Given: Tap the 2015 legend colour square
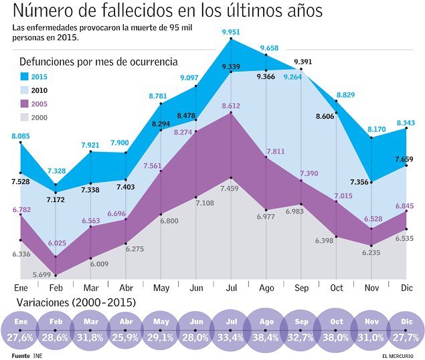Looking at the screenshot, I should pyautogui.click(x=25, y=76).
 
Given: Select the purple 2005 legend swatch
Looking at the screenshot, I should pyautogui.click(x=25, y=104).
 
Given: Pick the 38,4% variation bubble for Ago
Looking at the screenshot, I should pyautogui.click(x=266, y=330).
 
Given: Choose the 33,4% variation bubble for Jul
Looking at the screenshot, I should pyautogui.click(x=230, y=330).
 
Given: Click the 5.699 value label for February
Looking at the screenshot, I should pyautogui.click(x=41, y=275).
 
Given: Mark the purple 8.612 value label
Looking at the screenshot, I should pyautogui.click(x=230, y=106).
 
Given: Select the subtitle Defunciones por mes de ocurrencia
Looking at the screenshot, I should pyautogui.click(x=98, y=62).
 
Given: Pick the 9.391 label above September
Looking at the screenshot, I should pyautogui.click(x=303, y=62).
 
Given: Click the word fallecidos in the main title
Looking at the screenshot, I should pyautogui.click(x=155, y=11).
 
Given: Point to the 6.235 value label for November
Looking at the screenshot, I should pyautogui.click(x=370, y=252).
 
